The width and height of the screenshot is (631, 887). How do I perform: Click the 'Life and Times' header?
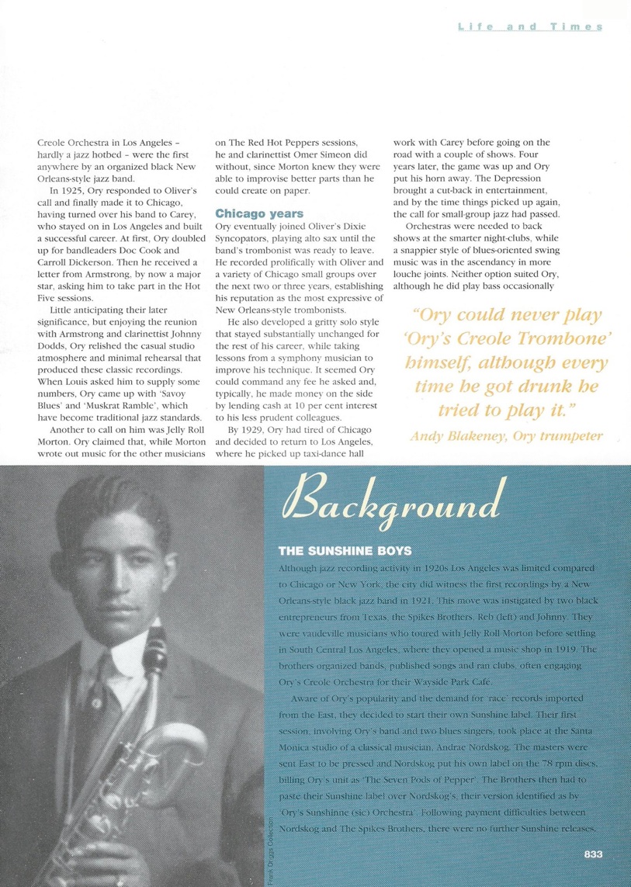[530, 27]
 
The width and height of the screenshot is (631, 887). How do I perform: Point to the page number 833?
[594, 855]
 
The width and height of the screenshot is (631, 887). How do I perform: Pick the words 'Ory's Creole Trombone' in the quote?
[508, 339]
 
